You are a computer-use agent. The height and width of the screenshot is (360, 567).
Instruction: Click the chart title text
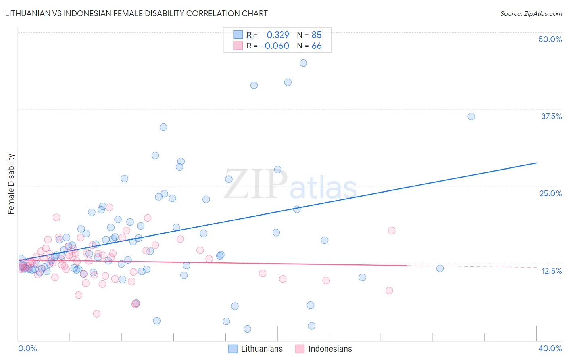point(136,13)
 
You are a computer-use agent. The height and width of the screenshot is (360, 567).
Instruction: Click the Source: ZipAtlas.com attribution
point(531,14)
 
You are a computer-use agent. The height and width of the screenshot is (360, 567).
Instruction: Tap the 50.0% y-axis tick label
point(550,39)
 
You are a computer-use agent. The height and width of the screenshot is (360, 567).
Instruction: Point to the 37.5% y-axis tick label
point(551,116)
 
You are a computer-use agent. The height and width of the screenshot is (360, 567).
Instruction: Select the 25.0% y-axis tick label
point(550,193)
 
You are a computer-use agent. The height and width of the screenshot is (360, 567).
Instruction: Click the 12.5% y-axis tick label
point(551,271)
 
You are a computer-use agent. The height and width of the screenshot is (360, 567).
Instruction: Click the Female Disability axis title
point(11,184)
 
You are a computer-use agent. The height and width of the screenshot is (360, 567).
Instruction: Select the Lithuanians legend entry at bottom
point(256,349)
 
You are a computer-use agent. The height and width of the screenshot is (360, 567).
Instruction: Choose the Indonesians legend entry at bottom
point(323,349)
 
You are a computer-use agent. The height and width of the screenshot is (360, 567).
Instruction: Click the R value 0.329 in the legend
point(278,35)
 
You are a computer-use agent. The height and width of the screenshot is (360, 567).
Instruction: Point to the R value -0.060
point(275,46)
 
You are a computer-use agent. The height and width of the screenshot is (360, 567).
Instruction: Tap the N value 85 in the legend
point(317,35)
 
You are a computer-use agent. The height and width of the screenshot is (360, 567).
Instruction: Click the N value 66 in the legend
point(317,46)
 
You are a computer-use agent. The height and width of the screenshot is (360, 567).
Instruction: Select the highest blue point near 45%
point(303,63)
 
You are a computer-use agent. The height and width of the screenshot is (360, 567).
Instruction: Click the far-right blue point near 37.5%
point(471,117)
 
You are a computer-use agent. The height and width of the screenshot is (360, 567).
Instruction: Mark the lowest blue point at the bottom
point(248,329)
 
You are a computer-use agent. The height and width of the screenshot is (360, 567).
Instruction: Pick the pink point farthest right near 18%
point(392,230)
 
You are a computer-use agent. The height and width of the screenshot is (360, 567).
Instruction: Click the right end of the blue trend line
point(536,163)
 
